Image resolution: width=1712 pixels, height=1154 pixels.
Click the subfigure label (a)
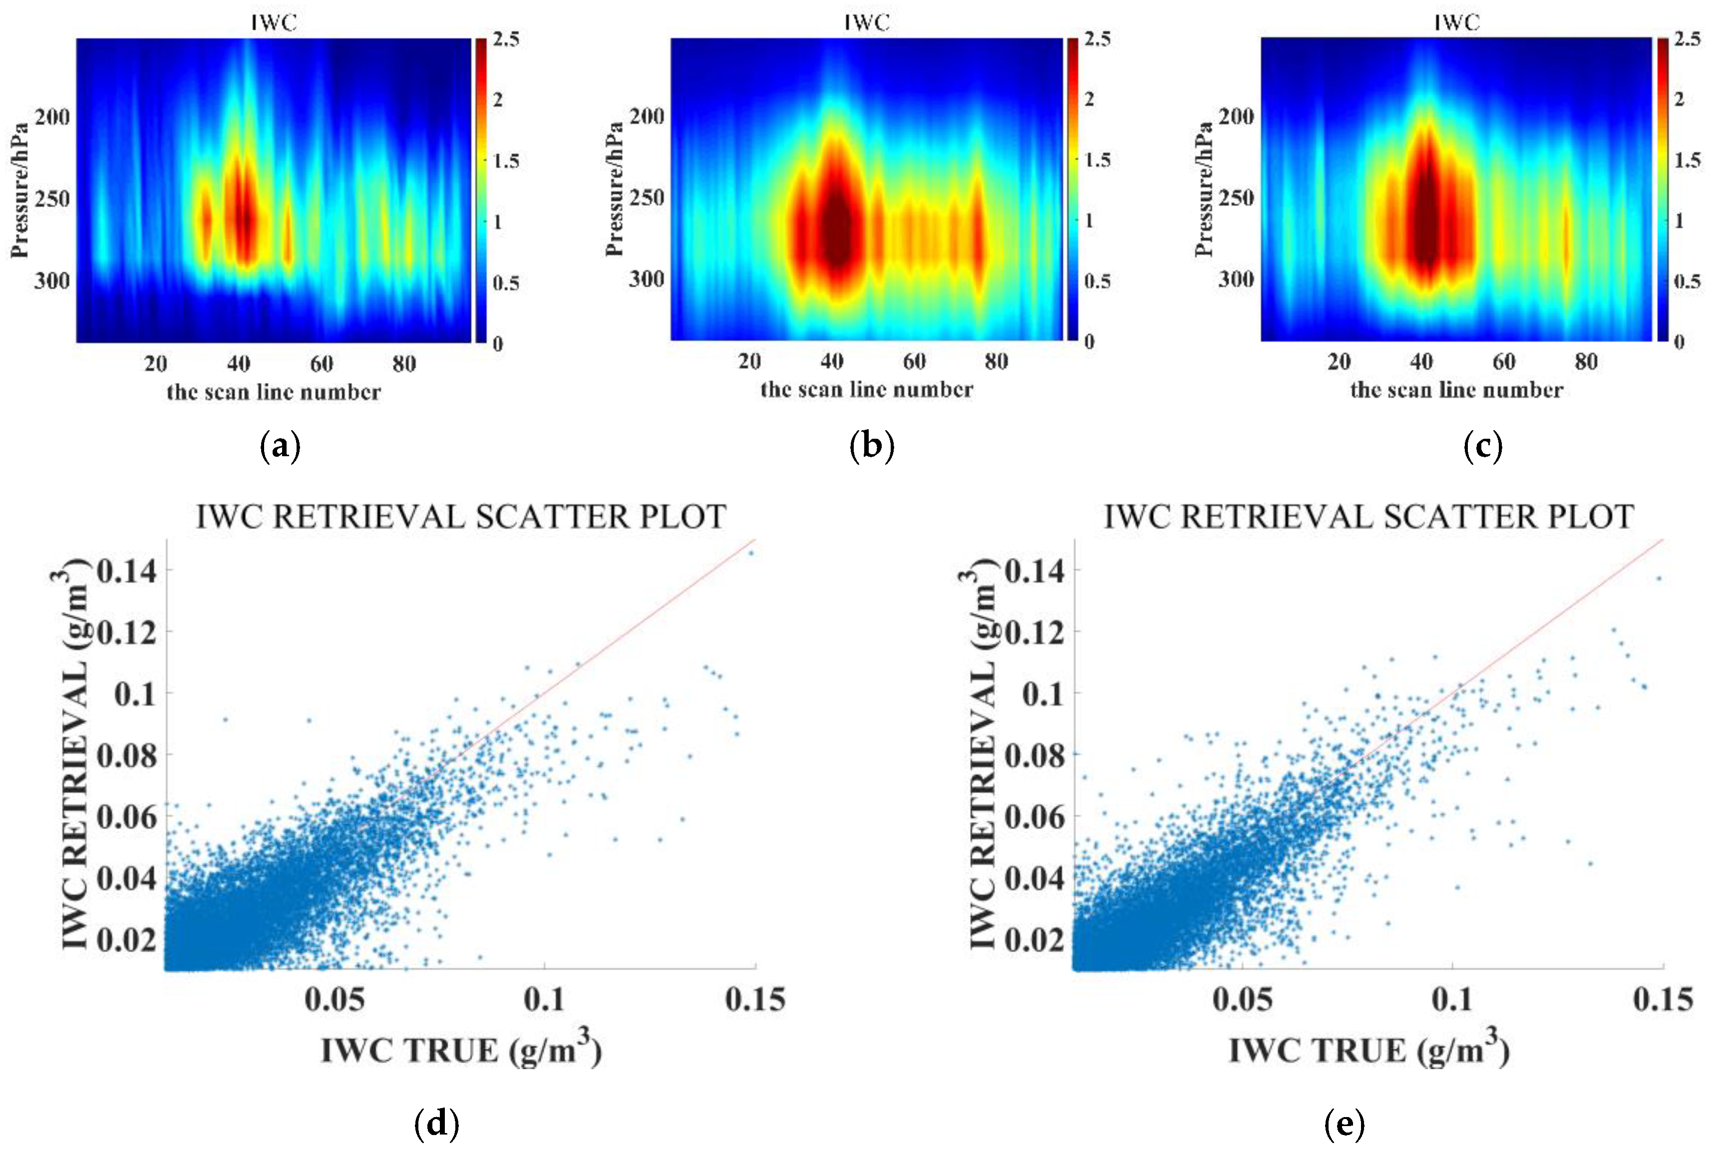[x=281, y=447]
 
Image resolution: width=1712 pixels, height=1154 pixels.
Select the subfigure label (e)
[x=1345, y=1124]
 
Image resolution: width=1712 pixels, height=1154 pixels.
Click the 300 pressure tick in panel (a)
[x=51, y=281]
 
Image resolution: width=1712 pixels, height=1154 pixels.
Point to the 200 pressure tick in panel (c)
[x=1236, y=116]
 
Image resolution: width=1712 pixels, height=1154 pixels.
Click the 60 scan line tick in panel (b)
[x=914, y=361]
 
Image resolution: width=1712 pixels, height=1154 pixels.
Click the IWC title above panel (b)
[x=867, y=23]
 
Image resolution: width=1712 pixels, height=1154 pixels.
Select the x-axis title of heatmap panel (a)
[x=274, y=391]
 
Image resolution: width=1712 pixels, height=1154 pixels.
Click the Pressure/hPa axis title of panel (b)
[x=615, y=189]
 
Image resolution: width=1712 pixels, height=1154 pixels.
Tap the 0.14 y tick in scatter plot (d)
[x=127, y=571]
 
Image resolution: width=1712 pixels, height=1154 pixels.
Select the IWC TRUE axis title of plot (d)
[x=461, y=1050]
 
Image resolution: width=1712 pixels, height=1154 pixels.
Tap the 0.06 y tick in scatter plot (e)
[x=1035, y=816]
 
